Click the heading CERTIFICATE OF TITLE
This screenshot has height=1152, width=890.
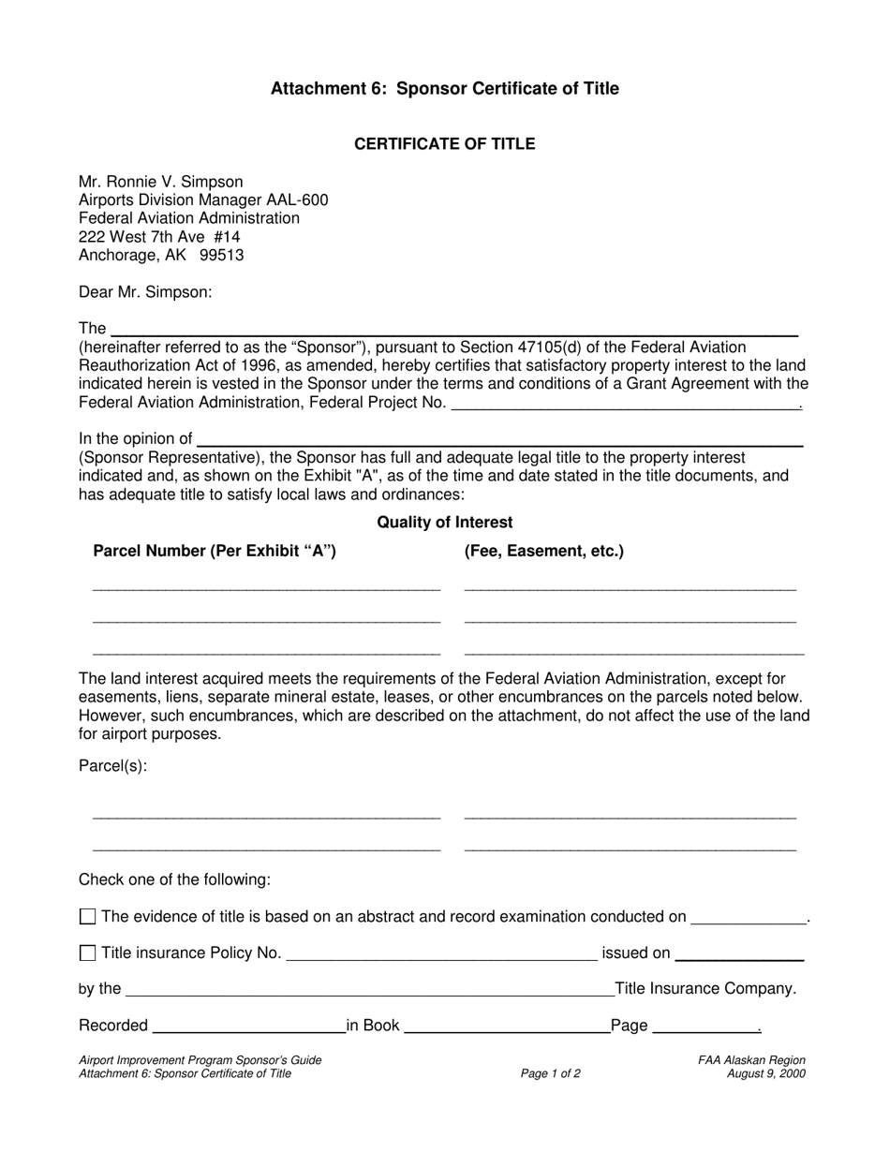[x=444, y=144]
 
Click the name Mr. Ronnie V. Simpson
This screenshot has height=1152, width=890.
[x=160, y=182]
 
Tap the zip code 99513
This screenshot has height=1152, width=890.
[x=222, y=255]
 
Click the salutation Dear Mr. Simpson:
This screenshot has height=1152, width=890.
[x=145, y=292]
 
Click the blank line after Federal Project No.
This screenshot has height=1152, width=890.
[x=625, y=405]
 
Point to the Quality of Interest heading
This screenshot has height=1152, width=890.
[x=444, y=523]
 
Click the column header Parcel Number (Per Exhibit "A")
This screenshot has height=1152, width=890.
[x=215, y=552]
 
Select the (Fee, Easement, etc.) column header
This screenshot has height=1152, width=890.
[x=543, y=552]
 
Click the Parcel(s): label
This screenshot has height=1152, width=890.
[x=112, y=766]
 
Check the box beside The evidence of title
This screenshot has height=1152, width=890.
[x=88, y=917]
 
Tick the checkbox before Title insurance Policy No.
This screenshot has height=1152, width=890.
[x=88, y=953]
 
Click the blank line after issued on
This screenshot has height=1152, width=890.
[x=738, y=956]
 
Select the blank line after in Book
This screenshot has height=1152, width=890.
[x=506, y=1028]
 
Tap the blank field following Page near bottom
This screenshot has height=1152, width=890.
[x=705, y=1028]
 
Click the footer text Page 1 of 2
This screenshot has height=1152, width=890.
[x=550, y=1074]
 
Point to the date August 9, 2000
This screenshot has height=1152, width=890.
[x=765, y=1074]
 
